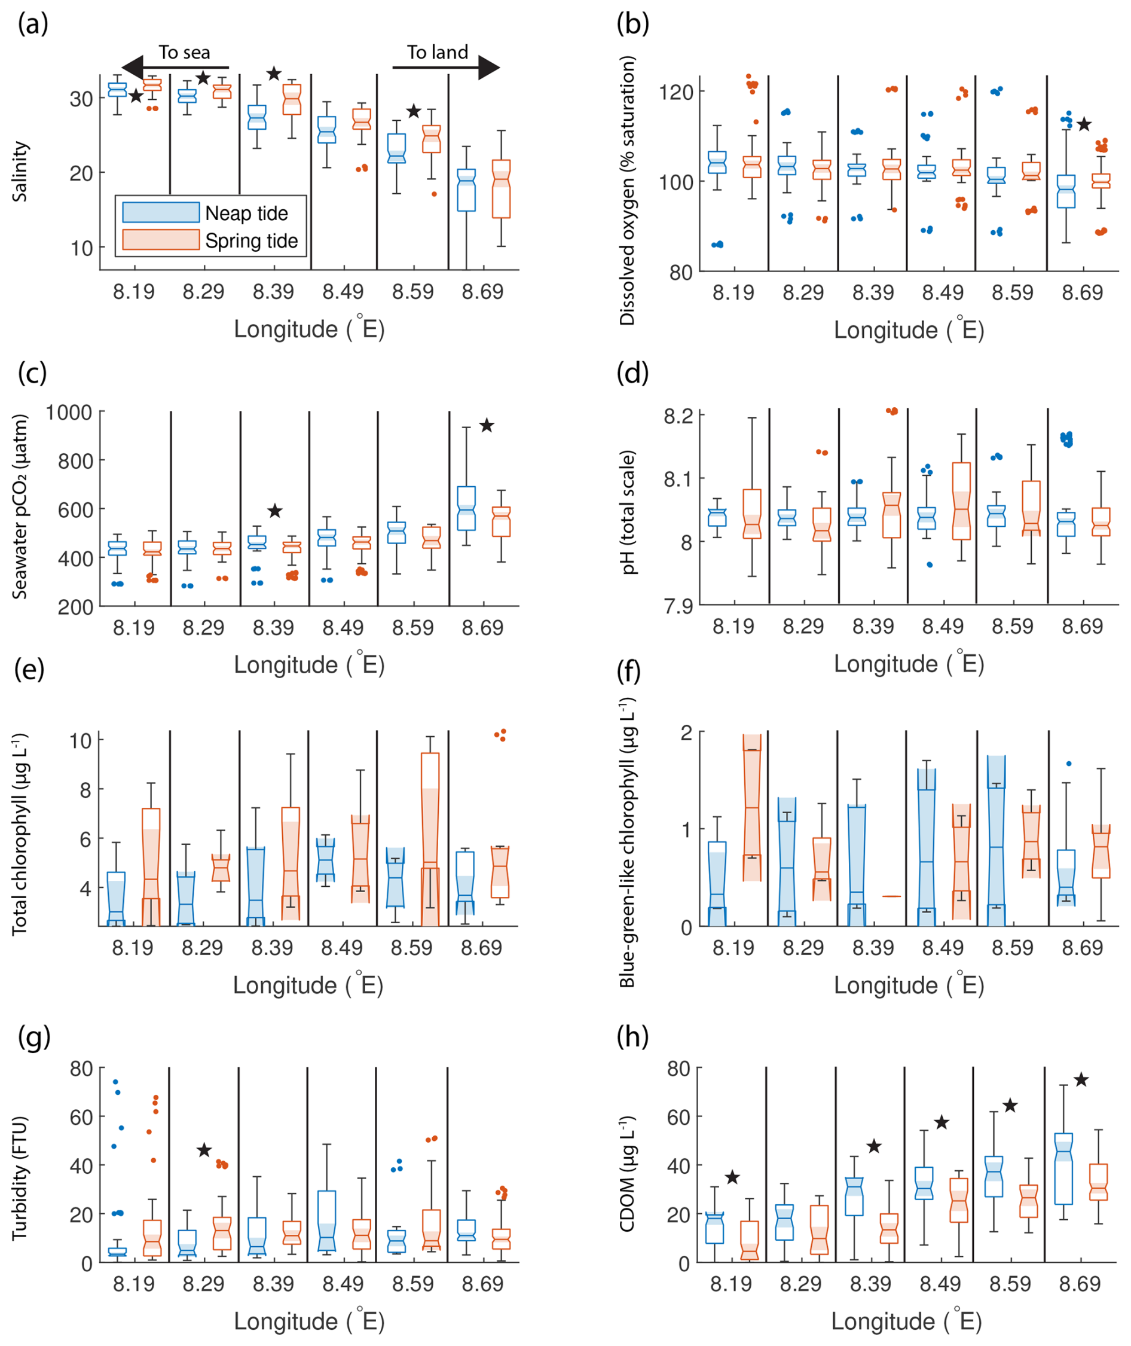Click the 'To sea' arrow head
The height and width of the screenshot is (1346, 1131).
pos(132,68)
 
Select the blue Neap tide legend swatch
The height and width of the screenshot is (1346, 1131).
pos(160,212)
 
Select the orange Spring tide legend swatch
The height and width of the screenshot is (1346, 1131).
pos(160,240)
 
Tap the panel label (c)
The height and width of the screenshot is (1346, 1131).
pos(32,373)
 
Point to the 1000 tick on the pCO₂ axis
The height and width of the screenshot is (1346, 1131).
pos(69,413)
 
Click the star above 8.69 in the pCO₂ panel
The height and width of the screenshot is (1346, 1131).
pos(487,425)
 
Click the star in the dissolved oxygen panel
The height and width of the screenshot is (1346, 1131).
pos(1084,124)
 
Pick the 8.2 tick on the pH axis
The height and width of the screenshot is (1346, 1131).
pos(678,416)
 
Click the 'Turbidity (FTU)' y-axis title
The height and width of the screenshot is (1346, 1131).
pos(19,1179)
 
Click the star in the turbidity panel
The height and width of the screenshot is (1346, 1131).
pos(204,1150)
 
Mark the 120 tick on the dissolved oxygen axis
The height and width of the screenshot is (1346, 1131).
pos(675,91)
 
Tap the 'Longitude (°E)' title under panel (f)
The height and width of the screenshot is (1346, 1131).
pos(909,985)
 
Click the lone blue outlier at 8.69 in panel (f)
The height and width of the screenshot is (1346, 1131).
pos(1069,764)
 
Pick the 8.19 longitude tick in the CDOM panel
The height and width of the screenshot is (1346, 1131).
pos(731,1284)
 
